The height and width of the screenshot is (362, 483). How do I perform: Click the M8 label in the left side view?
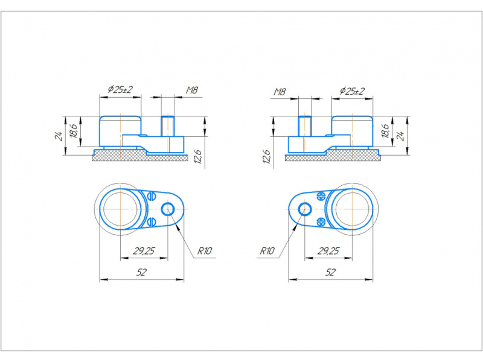[x=192, y=90]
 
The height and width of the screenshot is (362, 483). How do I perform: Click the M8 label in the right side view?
[x=280, y=92]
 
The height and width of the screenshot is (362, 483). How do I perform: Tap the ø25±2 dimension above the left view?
[x=120, y=89]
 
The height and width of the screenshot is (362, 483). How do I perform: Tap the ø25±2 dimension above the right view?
[x=353, y=91]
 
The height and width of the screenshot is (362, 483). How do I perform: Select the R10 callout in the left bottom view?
[x=205, y=251]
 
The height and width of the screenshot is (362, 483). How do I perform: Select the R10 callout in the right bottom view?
[x=267, y=251]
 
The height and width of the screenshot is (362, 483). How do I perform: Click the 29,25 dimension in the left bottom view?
[x=144, y=251]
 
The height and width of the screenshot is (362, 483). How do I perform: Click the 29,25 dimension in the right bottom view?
[x=328, y=251]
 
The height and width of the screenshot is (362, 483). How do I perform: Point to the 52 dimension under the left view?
[x=141, y=273]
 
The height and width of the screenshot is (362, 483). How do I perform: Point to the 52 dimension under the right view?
[x=330, y=273]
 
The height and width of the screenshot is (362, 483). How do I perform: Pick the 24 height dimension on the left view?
[x=59, y=136]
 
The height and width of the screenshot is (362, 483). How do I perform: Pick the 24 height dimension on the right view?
[x=400, y=136]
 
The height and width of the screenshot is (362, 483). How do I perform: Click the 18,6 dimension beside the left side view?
[x=74, y=131]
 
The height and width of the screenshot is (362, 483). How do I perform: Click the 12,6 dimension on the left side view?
[x=198, y=157]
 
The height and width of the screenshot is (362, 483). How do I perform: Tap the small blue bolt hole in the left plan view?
[x=168, y=209]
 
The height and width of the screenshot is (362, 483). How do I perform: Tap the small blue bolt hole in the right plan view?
[x=305, y=209]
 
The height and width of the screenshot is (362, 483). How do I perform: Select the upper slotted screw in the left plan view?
[x=151, y=196]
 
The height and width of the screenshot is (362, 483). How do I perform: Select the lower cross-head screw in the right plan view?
[x=321, y=222]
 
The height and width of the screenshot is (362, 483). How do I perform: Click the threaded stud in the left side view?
[x=168, y=126]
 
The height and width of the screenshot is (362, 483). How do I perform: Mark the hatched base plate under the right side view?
[x=333, y=156]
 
